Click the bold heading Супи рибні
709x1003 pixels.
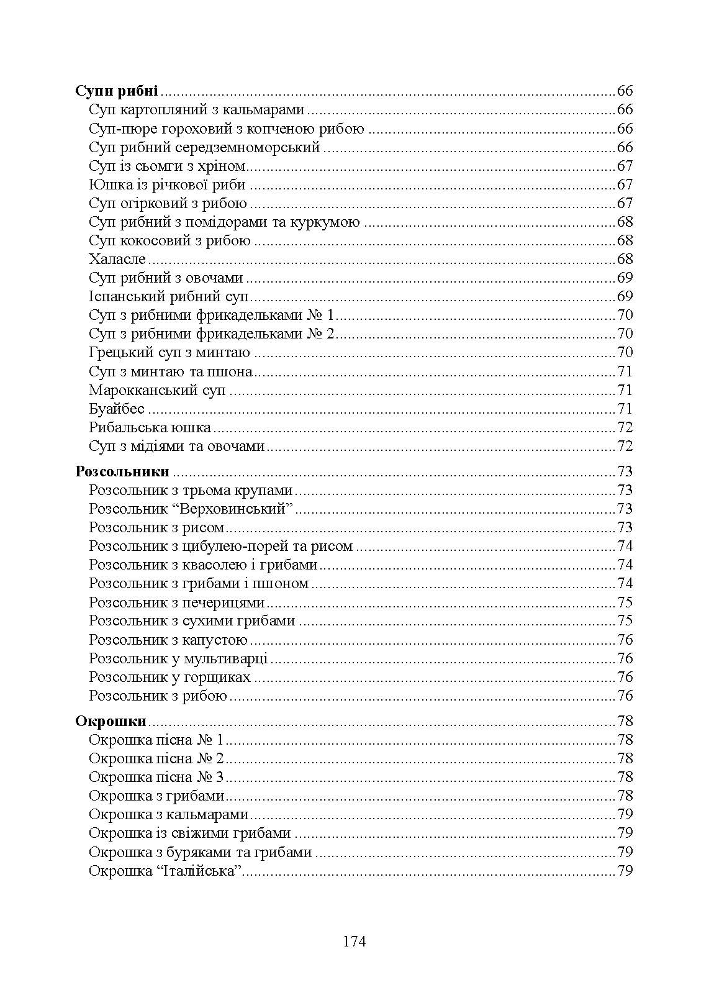click(117, 91)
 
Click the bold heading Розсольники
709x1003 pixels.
click(122, 471)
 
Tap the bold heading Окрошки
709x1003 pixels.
click(111, 721)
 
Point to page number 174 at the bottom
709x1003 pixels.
click(354, 942)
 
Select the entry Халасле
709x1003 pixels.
click(117, 259)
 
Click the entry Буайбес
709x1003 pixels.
click(117, 409)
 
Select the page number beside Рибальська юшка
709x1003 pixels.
click(625, 427)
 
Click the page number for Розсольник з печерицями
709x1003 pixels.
click(625, 602)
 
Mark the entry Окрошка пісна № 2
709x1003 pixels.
click(156, 758)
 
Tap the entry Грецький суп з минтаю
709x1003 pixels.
click(169, 353)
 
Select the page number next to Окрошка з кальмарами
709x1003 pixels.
click(625, 814)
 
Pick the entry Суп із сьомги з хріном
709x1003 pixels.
click(167, 166)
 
